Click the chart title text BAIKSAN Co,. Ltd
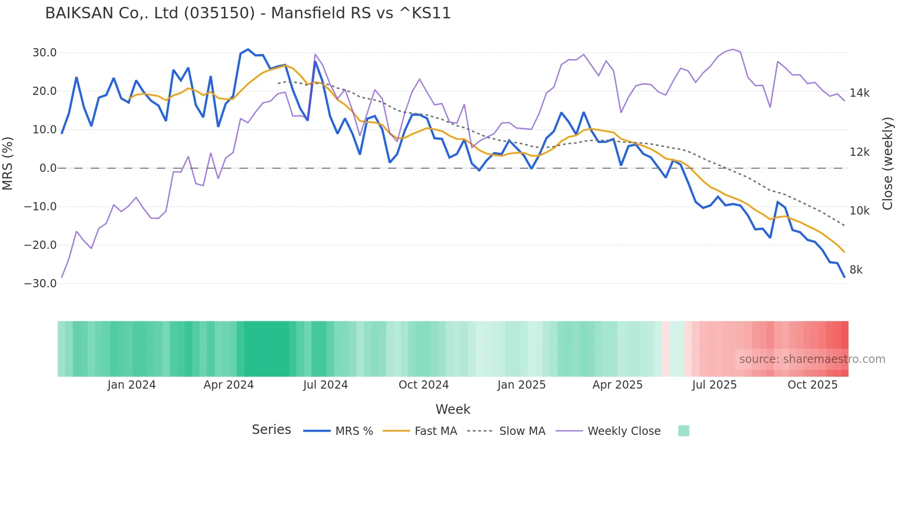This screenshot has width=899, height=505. tap(248, 13)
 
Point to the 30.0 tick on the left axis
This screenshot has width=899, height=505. tap(44, 53)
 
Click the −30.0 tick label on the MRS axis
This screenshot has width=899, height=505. tap(40, 284)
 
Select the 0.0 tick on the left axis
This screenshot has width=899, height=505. tap(48, 168)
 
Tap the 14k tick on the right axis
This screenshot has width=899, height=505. tap(859, 93)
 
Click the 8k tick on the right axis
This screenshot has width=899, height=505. tap(856, 270)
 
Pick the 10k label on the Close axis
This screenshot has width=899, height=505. tap(859, 211)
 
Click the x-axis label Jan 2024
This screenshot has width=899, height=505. tap(132, 385)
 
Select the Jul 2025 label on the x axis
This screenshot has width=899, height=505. tap(714, 385)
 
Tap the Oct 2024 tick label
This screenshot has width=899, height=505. tap(423, 385)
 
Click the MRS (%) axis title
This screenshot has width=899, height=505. tap(8, 164)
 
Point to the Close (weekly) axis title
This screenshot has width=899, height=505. tap(888, 164)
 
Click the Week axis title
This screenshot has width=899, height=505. tap(453, 409)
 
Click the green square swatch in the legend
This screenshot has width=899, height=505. tap(683, 431)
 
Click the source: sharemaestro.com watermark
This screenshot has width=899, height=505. tap(812, 359)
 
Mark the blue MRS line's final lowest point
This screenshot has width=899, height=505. tap(844, 277)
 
